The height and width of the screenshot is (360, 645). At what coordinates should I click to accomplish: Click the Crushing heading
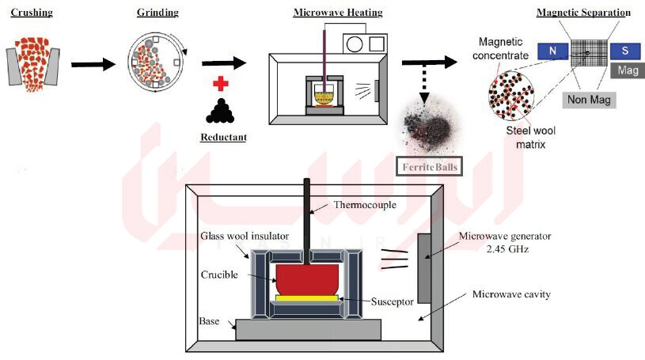click(x=32, y=13)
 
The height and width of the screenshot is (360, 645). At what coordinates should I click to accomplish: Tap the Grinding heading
click(x=158, y=13)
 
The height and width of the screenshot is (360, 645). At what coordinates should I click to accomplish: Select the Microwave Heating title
click(x=338, y=13)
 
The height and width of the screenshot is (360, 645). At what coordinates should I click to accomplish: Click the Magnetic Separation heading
click(x=583, y=13)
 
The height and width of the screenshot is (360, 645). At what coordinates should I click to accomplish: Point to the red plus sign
click(x=221, y=84)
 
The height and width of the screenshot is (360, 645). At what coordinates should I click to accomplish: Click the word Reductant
click(x=223, y=137)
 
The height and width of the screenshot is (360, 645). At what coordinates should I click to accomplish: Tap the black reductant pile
click(x=221, y=111)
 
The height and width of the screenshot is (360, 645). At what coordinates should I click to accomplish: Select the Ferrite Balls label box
click(x=429, y=167)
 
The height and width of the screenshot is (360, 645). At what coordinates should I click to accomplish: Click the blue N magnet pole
click(x=553, y=51)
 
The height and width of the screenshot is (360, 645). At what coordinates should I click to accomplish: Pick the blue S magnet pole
click(x=625, y=51)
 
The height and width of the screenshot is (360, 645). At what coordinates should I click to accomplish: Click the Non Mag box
click(x=589, y=100)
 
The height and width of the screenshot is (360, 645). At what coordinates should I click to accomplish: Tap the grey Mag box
click(x=628, y=70)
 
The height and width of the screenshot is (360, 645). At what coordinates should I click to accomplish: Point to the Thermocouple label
click(x=365, y=205)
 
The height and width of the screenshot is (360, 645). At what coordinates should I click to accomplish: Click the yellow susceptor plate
click(x=307, y=297)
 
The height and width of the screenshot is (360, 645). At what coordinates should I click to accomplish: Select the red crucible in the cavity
click(x=307, y=279)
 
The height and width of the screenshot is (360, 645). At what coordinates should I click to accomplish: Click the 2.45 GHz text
click(x=507, y=249)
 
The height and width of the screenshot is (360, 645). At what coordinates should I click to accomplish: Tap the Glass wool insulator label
click(x=245, y=236)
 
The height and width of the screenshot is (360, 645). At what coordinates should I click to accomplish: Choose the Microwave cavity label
click(x=511, y=294)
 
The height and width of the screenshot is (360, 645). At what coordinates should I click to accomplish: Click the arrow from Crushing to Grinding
click(x=93, y=64)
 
